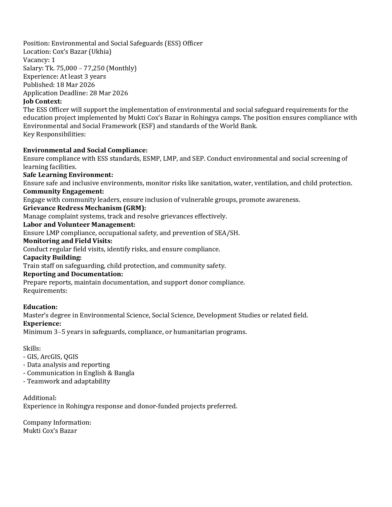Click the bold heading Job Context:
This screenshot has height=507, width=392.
pos(42,101)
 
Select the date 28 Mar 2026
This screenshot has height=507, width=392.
pos(109,93)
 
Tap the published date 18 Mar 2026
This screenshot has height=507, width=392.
pos(76,85)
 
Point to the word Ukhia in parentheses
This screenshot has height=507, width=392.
pos(100,52)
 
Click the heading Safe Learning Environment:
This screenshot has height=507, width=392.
pos(68,175)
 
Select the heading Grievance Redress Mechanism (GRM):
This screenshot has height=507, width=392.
pos(85,208)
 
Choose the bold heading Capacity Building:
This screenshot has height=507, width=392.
pos(52,257)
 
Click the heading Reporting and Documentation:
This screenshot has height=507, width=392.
pos(73,274)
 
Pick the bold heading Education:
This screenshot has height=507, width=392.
pos(40,307)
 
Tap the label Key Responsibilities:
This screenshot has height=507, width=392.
pos(54,134)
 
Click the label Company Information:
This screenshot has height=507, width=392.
pos(57,422)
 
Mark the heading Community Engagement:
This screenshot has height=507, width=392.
pos(63,191)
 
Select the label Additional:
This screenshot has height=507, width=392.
pos(40,398)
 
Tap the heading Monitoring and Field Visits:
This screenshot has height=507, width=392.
pos(68,241)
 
